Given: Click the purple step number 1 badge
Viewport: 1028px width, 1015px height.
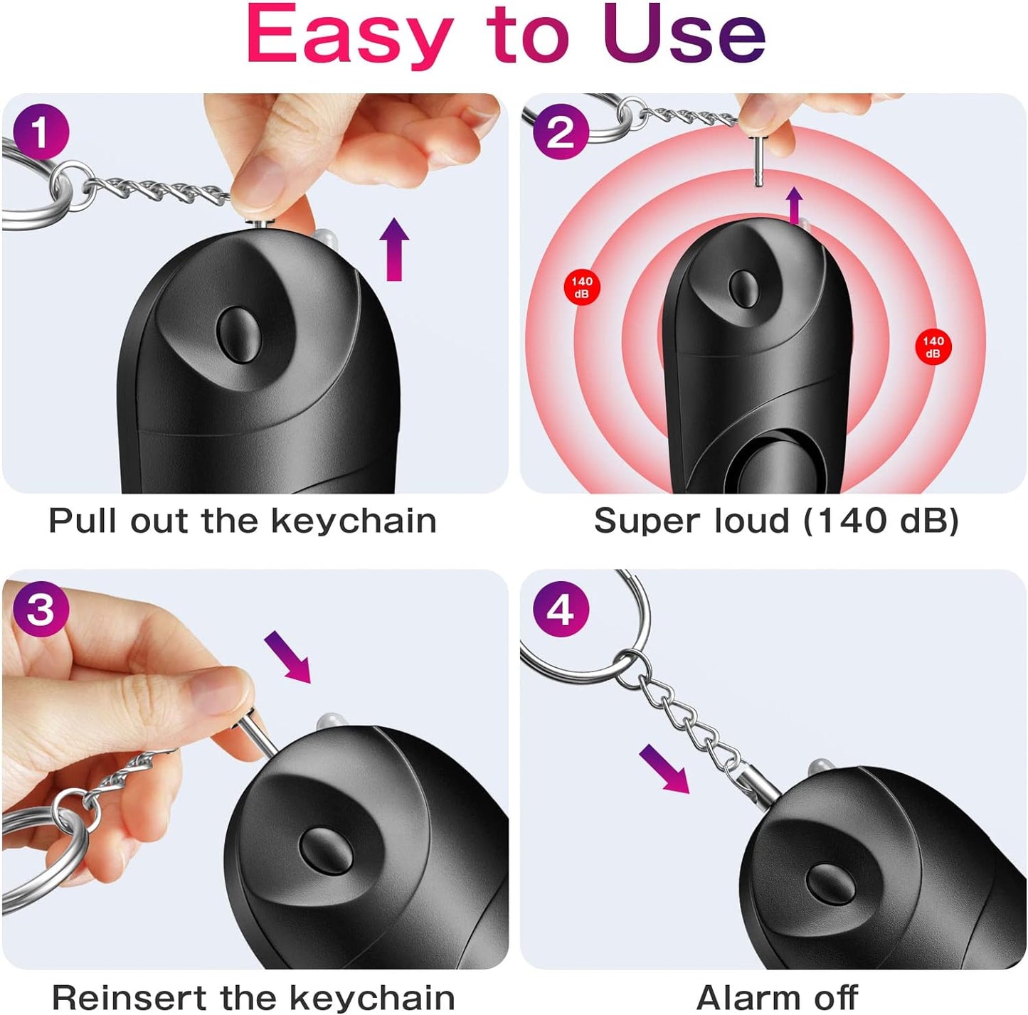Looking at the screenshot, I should pos(41,132).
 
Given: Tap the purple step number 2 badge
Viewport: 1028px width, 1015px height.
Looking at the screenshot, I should pos(561,132).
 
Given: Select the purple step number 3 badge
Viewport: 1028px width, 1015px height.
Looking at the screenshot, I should pos(41,610).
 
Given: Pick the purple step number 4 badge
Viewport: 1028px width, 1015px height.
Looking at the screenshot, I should pos(561,610).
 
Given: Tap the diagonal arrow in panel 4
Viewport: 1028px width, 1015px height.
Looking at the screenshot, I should pos(664,769).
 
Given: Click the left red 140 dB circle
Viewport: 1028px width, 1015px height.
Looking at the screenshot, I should pos(582,287).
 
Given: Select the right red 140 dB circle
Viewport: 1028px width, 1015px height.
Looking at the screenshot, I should pos(933,347).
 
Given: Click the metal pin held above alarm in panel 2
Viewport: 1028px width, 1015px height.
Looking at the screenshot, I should pos(759,160).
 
